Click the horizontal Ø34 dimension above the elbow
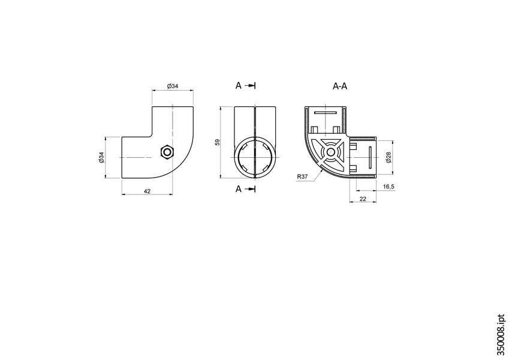[172, 86]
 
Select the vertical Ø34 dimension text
[102, 157]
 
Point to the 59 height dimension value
[218, 142]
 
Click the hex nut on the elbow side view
[166, 152]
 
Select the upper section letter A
[238, 86]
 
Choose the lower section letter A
[238, 189]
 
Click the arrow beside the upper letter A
[251, 86]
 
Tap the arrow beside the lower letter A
[251, 189]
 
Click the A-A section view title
[340, 86]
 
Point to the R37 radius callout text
[303, 176]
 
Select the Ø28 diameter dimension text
[388, 157]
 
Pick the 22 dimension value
[363, 199]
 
